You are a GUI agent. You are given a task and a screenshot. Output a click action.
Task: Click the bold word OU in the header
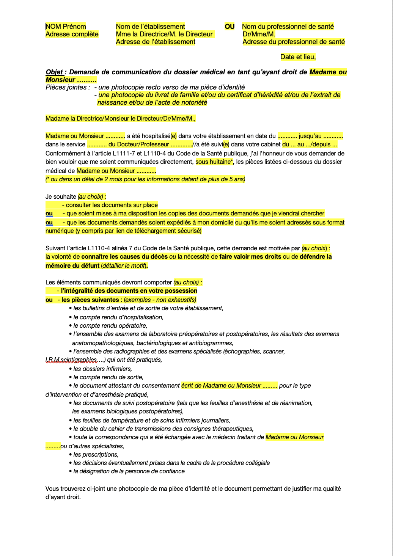pos(230,27)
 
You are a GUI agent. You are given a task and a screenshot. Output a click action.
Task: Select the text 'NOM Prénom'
pos(66,27)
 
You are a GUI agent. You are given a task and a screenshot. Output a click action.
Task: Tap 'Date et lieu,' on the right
pos(298,57)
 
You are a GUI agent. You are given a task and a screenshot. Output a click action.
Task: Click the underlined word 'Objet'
pos(54,72)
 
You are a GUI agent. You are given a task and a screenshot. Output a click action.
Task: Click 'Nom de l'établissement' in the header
pos(150,27)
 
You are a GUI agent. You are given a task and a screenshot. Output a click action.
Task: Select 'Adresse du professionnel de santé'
pos(294,42)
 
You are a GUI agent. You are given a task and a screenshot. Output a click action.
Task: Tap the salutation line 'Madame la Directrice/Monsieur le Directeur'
pos(120,119)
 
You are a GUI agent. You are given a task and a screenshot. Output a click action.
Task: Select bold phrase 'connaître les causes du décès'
pos(124,257)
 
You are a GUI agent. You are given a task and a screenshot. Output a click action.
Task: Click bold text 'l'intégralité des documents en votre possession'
pos(129,291)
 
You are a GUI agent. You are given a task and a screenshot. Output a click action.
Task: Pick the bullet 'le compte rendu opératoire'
pos(110,326)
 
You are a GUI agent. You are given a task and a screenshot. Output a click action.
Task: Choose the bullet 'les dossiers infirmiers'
pos(102,369)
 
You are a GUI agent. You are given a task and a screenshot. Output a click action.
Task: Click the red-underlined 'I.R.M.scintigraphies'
pos(71,360)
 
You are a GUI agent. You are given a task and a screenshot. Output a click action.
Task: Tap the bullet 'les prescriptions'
pos(96,455)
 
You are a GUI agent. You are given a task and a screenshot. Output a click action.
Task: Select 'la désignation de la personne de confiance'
pos(129,471)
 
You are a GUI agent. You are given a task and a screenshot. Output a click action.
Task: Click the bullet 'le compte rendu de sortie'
pos(108,377)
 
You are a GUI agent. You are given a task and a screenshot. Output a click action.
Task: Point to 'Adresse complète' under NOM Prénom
pos(72,34)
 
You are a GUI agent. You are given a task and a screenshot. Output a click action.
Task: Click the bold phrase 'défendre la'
pos(316,257)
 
